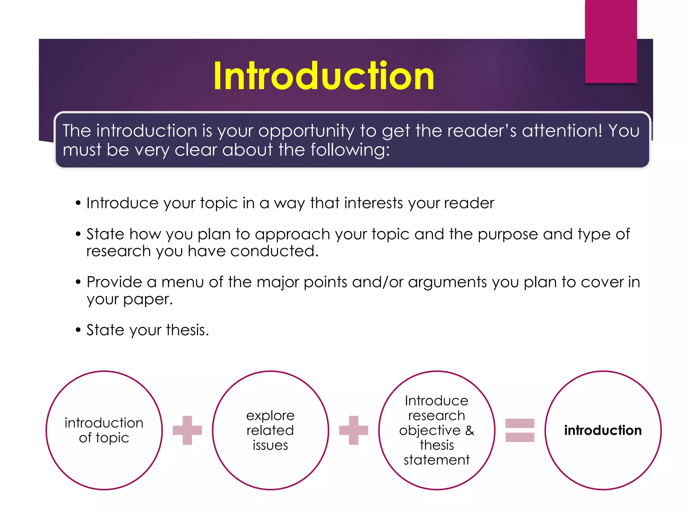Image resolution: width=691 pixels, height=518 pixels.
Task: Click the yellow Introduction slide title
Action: pyautogui.click(x=324, y=76)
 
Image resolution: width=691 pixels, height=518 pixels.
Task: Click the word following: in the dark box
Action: pyautogui.click(x=350, y=150)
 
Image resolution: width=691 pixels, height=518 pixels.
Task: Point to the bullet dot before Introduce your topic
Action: pyautogui.click(x=78, y=203)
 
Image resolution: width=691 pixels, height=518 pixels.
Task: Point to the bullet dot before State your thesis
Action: pyautogui.click(x=78, y=330)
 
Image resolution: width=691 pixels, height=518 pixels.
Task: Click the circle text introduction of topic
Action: pyautogui.click(x=104, y=430)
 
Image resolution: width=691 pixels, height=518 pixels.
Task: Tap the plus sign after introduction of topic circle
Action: pyautogui.click(x=187, y=430)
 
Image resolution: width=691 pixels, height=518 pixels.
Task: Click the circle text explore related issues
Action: pyautogui.click(x=270, y=430)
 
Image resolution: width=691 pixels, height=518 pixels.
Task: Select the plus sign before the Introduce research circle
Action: pyautogui.click(x=354, y=430)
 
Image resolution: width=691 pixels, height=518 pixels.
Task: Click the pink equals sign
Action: pyautogui.click(x=520, y=430)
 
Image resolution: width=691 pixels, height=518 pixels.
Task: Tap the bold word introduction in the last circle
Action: pyautogui.click(x=603, y=430)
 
